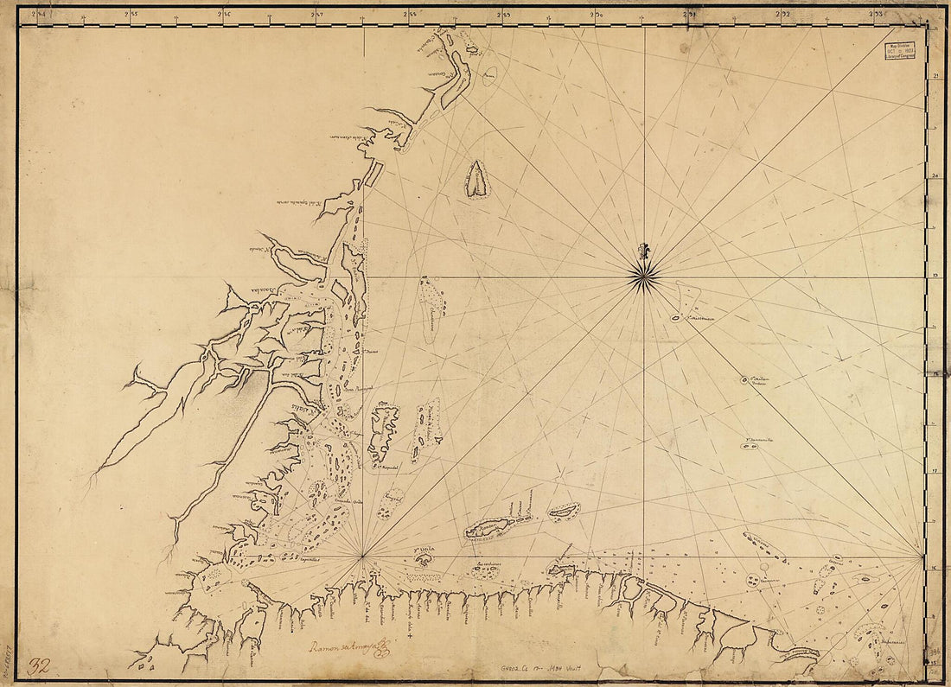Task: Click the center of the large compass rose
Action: coord(644,277)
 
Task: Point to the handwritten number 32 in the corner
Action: coord(38,666)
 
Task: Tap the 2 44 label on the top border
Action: coord(38,13)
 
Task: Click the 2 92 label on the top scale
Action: coord(783,13)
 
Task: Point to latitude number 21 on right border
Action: coord(936,77)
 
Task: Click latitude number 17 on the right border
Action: coord(936,472)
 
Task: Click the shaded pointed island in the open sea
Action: coord(477,180)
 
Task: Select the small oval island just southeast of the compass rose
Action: coord(675,318)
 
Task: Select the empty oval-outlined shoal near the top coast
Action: coord(489,77)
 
